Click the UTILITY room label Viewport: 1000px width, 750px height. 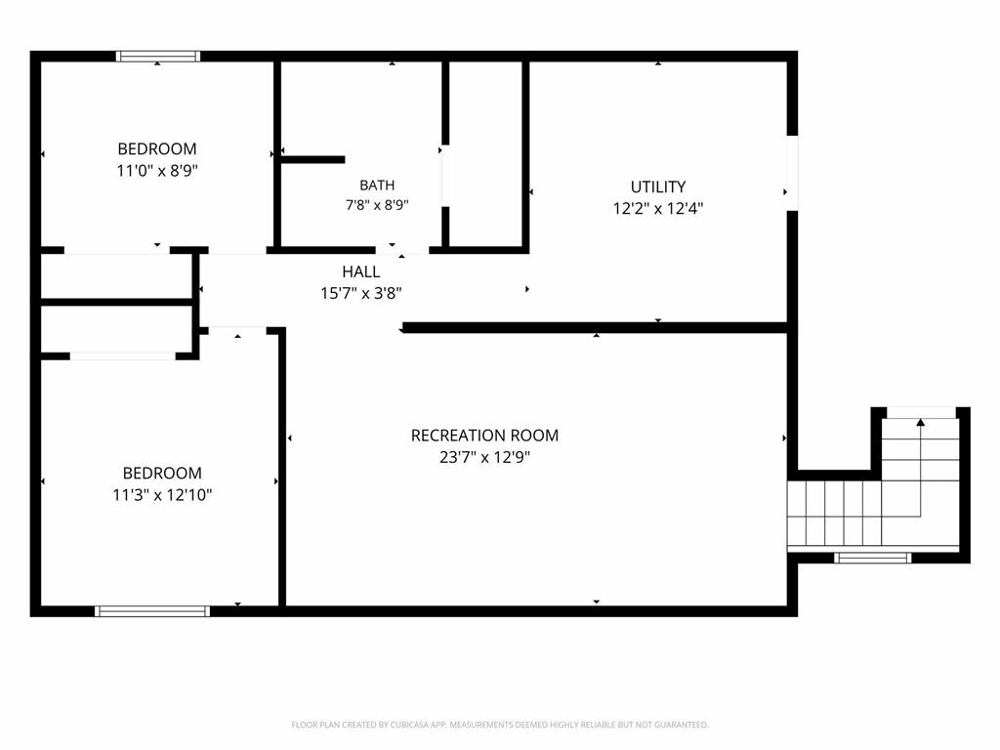click(658, 187)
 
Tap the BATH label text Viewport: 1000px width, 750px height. click(377, 186)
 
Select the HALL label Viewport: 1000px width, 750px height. click(361, 271)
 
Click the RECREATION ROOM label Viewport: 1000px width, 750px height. click(484, 436)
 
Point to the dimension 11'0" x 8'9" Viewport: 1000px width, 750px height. click(157, 171)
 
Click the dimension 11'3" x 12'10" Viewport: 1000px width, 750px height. click(162, 495)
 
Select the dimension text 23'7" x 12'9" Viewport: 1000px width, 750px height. click(484, 457)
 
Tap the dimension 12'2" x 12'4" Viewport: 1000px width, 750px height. click(658, 209)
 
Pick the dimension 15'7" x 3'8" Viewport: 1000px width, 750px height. click(361, 293)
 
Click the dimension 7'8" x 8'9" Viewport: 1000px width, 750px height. click(377, 205)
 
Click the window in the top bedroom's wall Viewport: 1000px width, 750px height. click(158, 56)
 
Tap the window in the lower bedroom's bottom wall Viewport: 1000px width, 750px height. click(152, 611)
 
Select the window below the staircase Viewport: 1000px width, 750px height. click(872, 558)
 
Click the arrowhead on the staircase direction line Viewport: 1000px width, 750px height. click(920, 422)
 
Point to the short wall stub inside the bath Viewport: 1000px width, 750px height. click(312, 159)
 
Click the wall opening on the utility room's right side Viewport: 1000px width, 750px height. click(792, 173)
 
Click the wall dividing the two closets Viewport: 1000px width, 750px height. click(117, 302)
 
